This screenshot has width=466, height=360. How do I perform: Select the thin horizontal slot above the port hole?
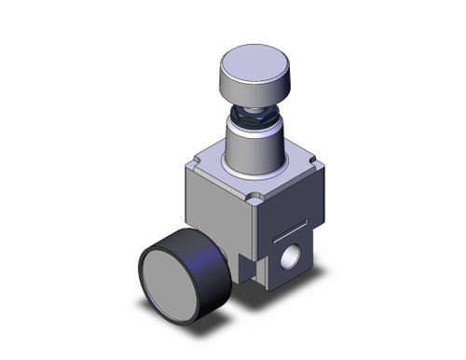click(x=293, y=224)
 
